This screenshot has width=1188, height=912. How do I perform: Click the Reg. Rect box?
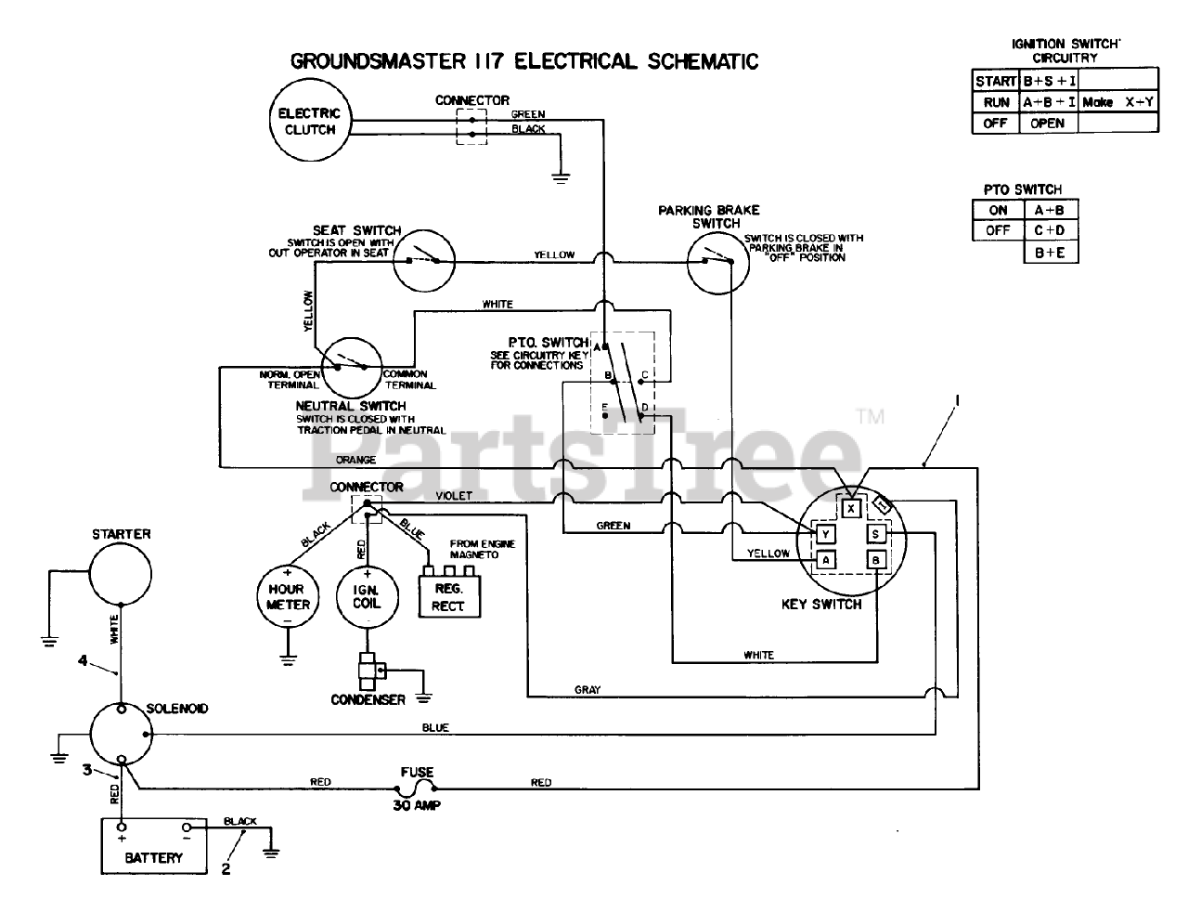pos(449,597)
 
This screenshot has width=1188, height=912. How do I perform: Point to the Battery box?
pos(154,846)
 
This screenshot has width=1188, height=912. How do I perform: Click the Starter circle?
pos(121,574)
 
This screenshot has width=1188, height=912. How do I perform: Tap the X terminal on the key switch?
pos(851,509)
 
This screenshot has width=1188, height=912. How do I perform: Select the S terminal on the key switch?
pos(876,534)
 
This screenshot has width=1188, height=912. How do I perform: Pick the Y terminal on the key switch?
pos(825,534)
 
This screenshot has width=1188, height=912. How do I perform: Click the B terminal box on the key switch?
pos(876,560)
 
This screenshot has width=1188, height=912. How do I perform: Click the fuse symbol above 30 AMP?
pos(417,788)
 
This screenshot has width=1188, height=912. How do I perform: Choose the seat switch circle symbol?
pos(424,260)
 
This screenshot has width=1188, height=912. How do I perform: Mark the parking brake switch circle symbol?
pos(717,263)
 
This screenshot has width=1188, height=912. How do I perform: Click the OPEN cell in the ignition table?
pos(1048,124)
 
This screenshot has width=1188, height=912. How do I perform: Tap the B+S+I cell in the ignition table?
pos(1048,81)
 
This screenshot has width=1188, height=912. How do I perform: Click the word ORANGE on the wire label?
pos(355,460)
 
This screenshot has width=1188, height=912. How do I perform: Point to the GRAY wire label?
pos(588,690)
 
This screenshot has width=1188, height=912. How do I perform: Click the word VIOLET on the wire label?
pos(454,496)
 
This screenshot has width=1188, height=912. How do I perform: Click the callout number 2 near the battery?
pos(226,868)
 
